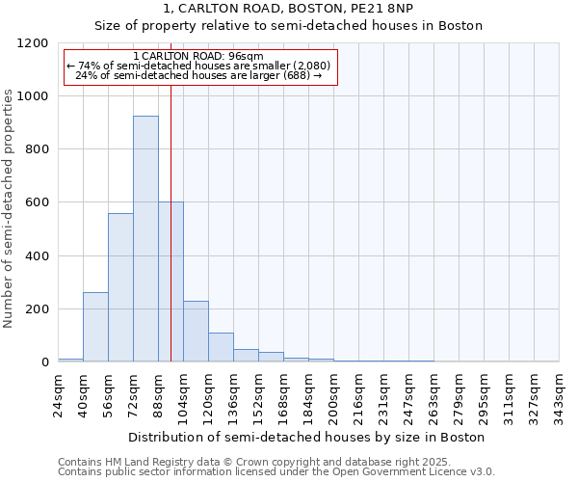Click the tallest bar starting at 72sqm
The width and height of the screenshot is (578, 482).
145,239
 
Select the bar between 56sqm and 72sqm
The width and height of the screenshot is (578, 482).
120,287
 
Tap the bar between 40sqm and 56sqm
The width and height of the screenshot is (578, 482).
95,327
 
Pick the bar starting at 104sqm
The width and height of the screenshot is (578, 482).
196,332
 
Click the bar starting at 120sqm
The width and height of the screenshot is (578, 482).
221,347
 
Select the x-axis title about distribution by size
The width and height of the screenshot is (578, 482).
308,437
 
